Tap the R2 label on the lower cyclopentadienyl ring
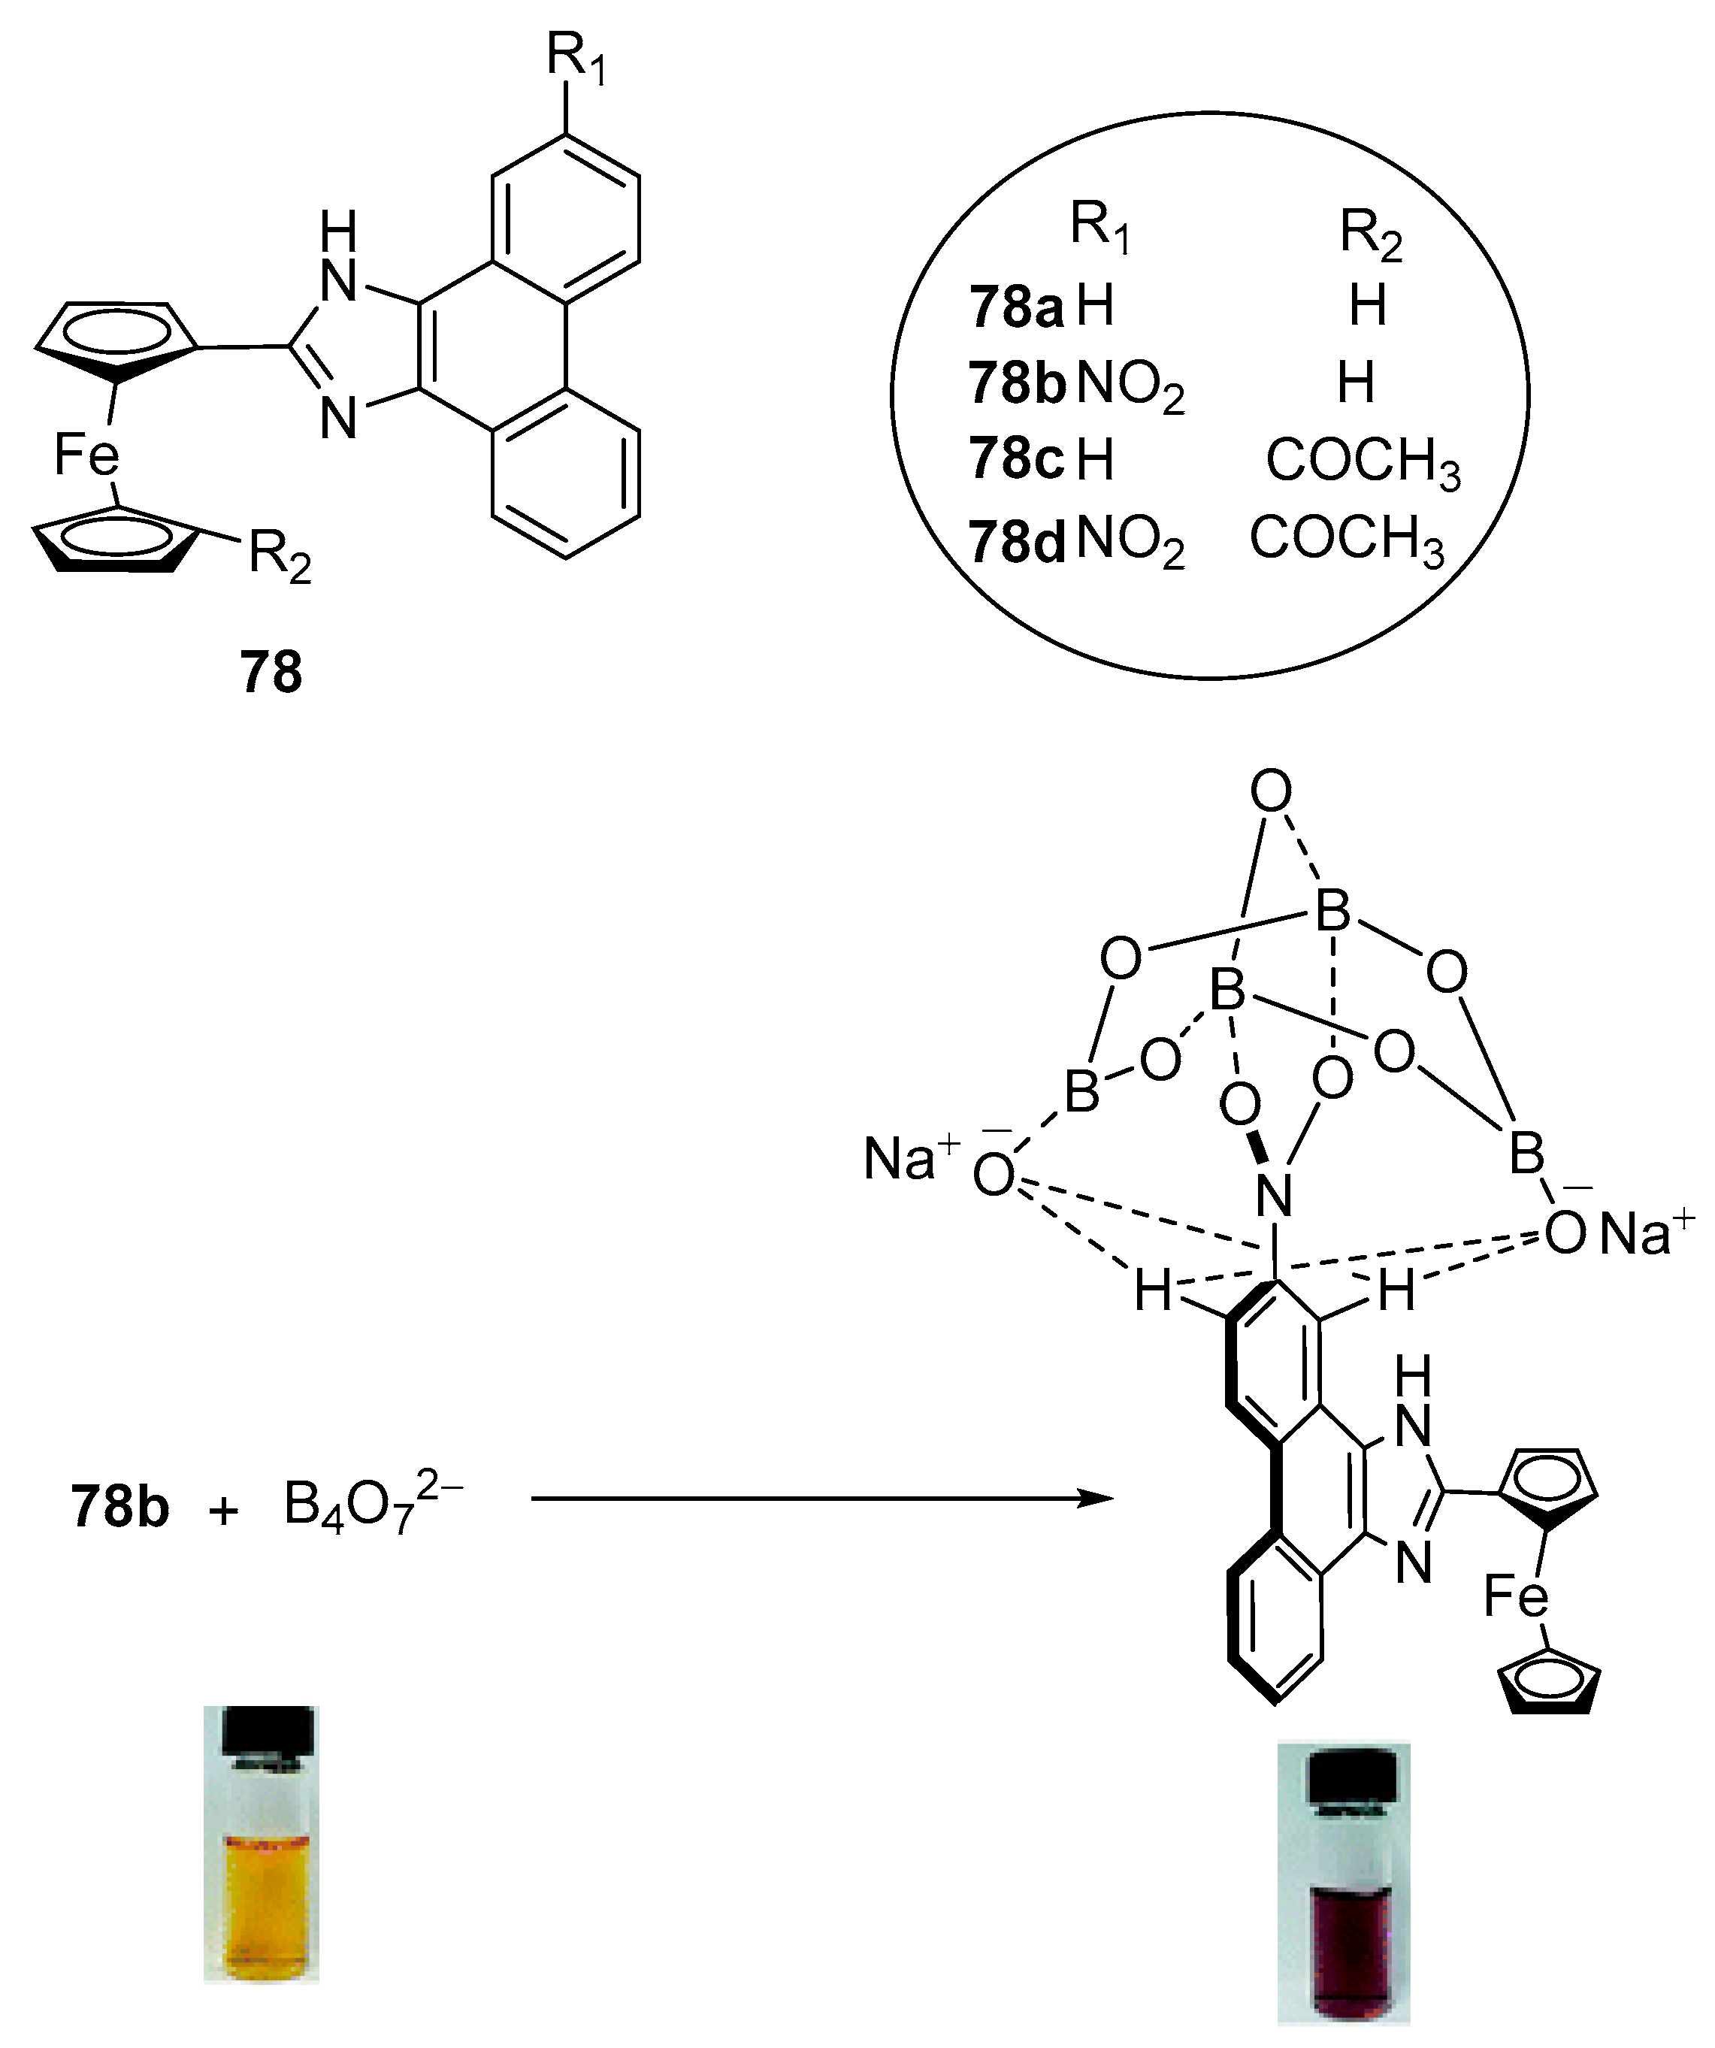pos(280,557)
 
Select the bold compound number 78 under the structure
pos(271,673)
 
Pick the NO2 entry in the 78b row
pos(1131,384)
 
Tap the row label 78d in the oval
pos(1017,541)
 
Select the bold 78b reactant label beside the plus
pos(120,1507)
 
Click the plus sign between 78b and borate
pos(223,1511)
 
